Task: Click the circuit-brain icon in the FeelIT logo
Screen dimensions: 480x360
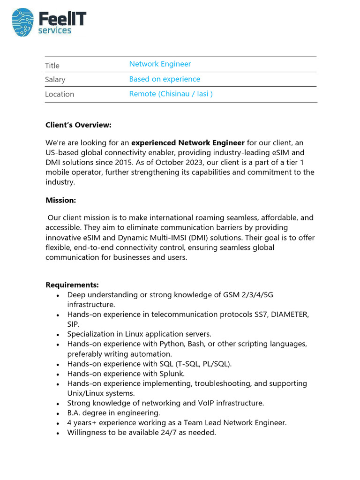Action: (x=23, y=22)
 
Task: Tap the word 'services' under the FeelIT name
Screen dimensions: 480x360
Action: (x=54, y=31)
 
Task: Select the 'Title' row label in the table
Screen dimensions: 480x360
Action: (x=52, y=66)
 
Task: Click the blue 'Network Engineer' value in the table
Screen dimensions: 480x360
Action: (x=160, y=64)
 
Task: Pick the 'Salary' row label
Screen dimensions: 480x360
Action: (x=55, y=80)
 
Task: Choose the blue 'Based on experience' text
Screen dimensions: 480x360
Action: (x=165, y=79)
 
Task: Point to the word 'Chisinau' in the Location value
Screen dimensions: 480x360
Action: (x=175, y=94)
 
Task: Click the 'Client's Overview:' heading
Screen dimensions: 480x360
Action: (x=78, y=125)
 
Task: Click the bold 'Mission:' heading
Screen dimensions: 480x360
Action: (x=60, y=200)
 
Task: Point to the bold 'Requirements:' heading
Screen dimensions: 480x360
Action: (x=72, y=285)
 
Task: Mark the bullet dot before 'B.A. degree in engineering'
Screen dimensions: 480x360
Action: (x=57, y=414)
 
